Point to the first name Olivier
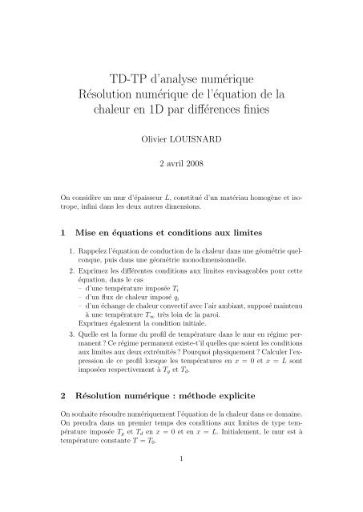click(155, 137)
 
